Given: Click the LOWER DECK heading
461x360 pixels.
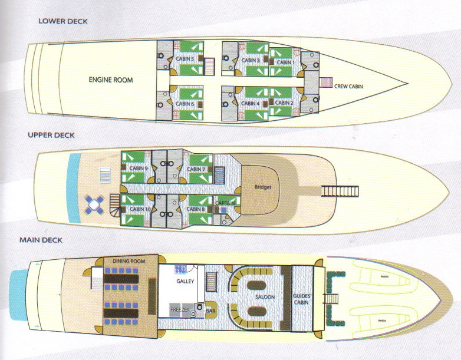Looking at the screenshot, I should (62, 21).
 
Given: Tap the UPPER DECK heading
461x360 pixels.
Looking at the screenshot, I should (51, 134).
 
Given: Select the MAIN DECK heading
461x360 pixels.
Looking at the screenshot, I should (41, 240).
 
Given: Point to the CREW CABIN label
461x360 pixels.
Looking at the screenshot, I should (348, 87).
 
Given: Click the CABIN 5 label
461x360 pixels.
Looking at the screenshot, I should (185, 60).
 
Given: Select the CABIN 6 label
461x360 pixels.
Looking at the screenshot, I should (185, 104).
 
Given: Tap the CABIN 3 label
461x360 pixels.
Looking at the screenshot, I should (251, 60).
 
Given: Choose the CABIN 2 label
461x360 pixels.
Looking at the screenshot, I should (284, 103).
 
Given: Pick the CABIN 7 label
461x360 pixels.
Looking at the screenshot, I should (196, 169).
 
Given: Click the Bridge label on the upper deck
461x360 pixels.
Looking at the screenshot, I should (263, 187).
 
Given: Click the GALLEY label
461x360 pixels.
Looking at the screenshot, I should (185, 282).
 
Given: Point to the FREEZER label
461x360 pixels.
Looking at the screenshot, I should (180, 309).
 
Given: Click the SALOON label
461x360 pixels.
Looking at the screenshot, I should (265, 298).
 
